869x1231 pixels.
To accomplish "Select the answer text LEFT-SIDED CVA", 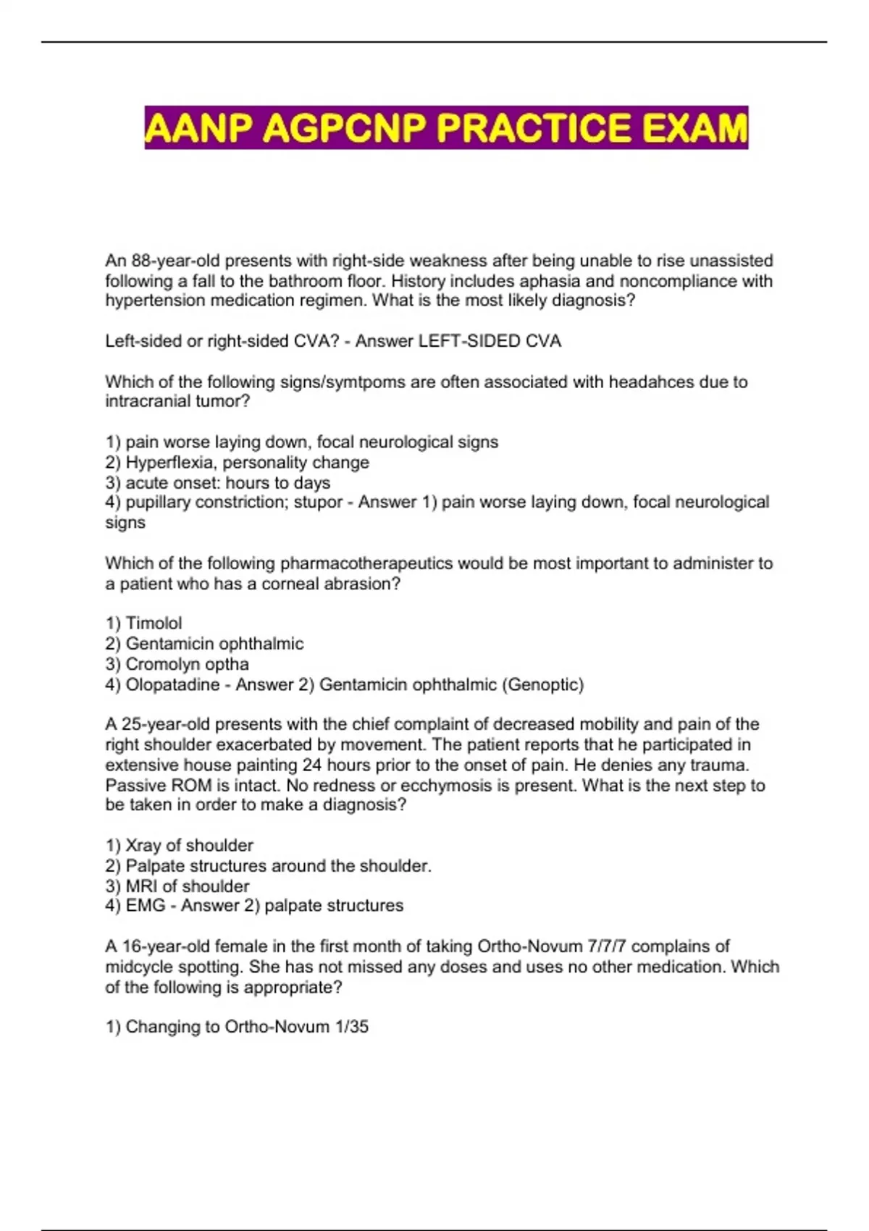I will pyautogui.click(x=490, y=341).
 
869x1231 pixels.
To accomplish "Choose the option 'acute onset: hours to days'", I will pyautogui.click(x=227, y=482).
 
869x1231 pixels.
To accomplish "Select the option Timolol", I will pyautogui.click(x=154, y=623).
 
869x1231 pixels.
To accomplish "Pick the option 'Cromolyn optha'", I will pyautogui.click(x=187, y=664).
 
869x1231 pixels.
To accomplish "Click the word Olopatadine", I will pyautogui.click(x=172, y=684).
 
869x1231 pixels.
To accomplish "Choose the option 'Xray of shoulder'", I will pyautogui.click(x=189, y=845).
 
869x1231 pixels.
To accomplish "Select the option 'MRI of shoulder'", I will pyautogui.click(x=187, y=886).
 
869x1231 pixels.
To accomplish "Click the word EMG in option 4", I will pyautogui.click(x=146, y=905).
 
